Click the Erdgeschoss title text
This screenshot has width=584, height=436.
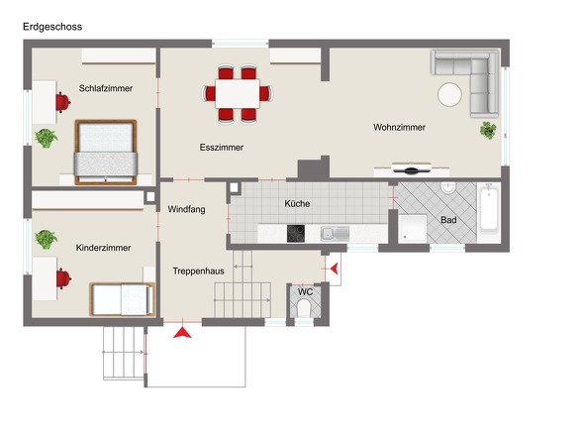[x=52, y=27]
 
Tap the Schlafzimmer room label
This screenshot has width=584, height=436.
[x=106, y=88]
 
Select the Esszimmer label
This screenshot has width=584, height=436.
[x=222, y=148]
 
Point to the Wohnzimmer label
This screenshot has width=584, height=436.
[x=399, y=127]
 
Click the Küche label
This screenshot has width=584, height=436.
[x=297, y=204]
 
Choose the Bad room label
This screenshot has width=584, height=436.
[x=448, y=220]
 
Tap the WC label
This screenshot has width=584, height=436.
[x=305, y=291]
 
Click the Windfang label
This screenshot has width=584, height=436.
[x=186, y=210]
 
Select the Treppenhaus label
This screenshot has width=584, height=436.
[x=199, y=272]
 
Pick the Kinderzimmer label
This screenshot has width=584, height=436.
[x=103, y=248]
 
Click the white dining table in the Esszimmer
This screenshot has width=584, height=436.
[x=238, y=93]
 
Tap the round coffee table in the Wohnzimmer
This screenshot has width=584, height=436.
[x=450, y=95]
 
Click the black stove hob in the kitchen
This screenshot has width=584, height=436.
[x=296, y=234]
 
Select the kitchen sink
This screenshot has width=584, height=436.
[x=336, y=234]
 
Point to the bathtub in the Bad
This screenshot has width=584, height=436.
[x=489, y=210]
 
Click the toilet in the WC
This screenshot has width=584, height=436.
[x=305, y=309]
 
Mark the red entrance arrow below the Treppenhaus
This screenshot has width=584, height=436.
[x=182, y=333]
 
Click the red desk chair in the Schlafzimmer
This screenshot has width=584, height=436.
[x=63, y=102]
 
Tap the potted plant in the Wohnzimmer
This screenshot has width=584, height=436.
[x=488, y=131]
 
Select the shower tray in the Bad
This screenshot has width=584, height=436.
[x=413, y=228]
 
